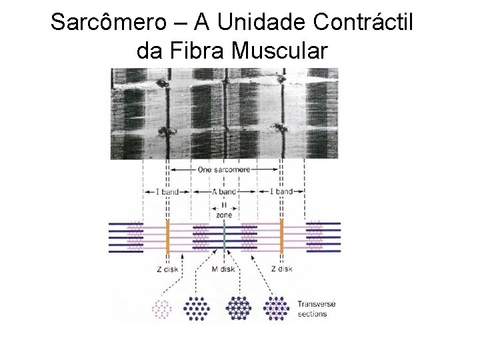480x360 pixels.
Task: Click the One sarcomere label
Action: [x=224, y=170]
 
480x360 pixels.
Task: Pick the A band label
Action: [x=224, y=191]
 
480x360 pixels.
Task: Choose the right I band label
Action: [x=281, y=191]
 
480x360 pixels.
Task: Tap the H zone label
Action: [x=224, y=209]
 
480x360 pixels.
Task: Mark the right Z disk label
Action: [x=281, y=269]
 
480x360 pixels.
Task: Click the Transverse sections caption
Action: [x=317, y=309]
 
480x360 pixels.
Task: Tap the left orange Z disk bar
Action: [x=167, y=237]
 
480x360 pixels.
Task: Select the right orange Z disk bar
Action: [x=281, y=237]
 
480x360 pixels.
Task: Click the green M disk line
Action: [x=224, y=237]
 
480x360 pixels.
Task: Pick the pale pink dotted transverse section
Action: [x=162, y=308]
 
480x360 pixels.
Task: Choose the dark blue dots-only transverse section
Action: [x=197, y=308]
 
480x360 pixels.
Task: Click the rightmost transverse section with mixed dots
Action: [x=275, y=308]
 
